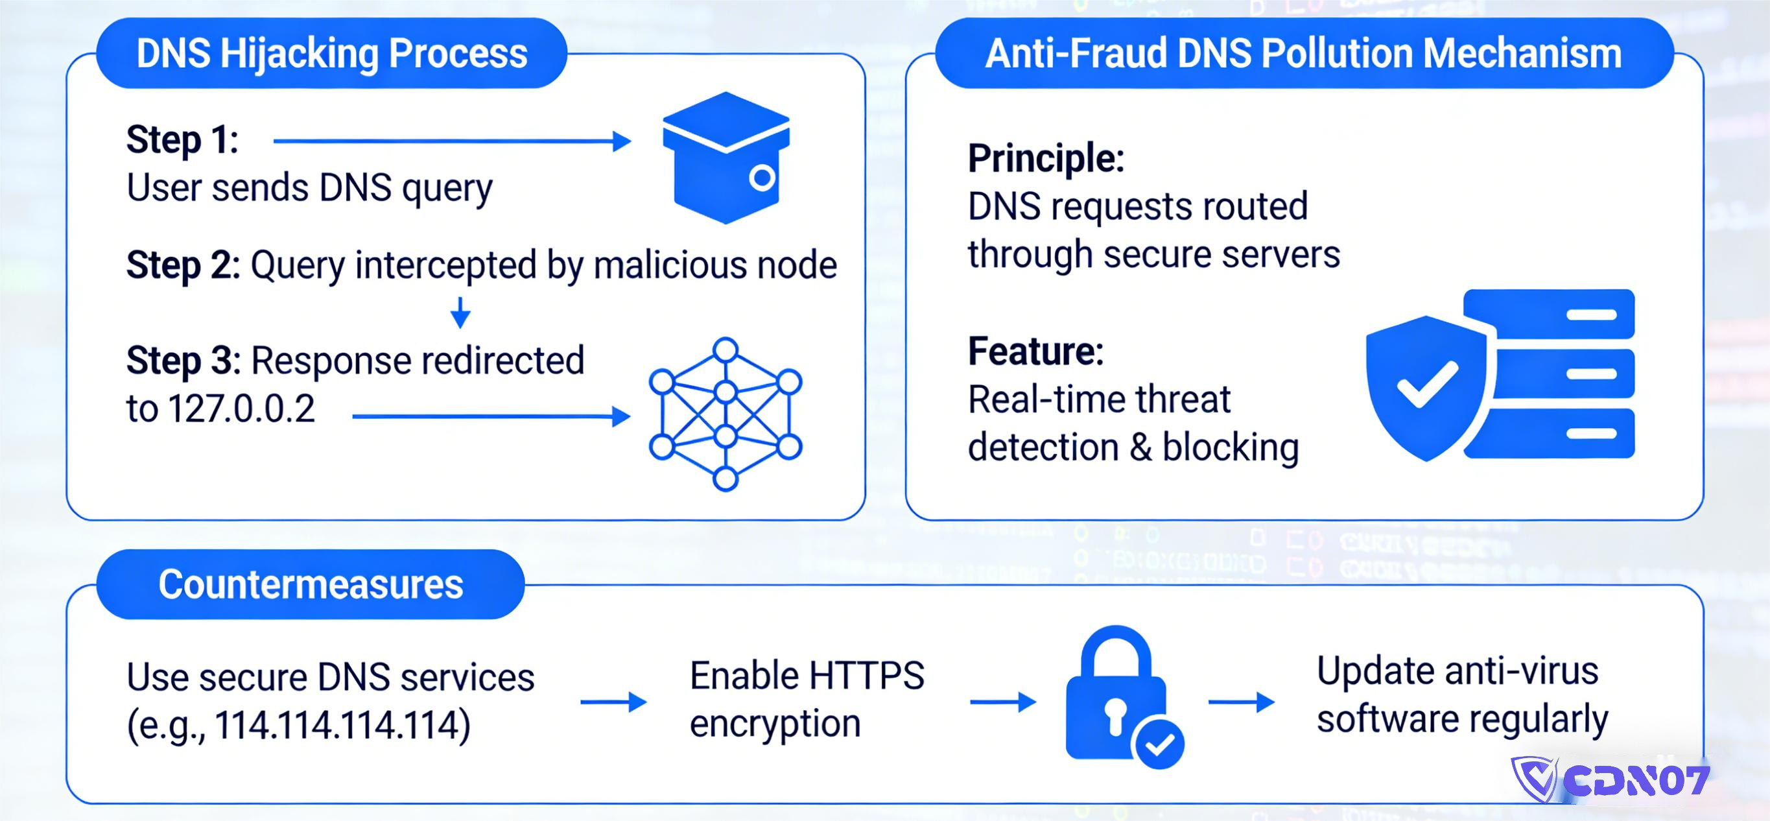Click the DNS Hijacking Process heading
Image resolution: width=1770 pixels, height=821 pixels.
331,54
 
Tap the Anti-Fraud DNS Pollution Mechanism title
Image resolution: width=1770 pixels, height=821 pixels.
1303,54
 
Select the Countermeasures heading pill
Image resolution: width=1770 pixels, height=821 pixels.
311,585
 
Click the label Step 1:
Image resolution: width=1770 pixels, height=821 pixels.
182,140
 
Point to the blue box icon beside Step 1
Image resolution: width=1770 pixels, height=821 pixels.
726,158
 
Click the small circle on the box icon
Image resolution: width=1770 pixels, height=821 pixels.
761,178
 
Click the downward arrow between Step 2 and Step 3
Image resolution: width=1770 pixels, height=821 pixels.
460,313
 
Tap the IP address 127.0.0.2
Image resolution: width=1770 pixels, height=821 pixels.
241,409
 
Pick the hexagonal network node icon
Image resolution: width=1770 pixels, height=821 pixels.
726,414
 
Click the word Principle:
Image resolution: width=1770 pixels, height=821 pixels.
1046,159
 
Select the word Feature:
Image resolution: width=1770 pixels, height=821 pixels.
1035,351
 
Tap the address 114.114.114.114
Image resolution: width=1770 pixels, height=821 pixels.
342,725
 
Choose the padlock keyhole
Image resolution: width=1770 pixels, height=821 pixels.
1115,715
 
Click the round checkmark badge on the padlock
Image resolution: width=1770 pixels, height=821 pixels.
1160,743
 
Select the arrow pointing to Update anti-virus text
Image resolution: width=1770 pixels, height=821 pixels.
1241,702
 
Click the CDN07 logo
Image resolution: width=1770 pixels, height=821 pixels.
1611,779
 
